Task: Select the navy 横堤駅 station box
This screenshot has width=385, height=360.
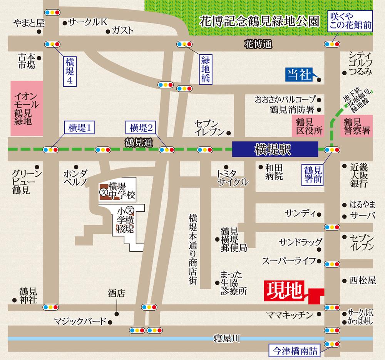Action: pos(275,149)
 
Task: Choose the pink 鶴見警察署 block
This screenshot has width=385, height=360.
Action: pos(357,126)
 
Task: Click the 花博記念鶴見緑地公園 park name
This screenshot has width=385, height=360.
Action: pos(259,21)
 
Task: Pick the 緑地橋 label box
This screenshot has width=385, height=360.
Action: pos(204,69)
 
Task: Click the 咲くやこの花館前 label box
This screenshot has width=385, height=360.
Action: pos(350,21)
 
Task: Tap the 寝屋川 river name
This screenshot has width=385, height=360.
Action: pos(227,339)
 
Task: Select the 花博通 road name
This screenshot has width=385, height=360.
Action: pos(258,45)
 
